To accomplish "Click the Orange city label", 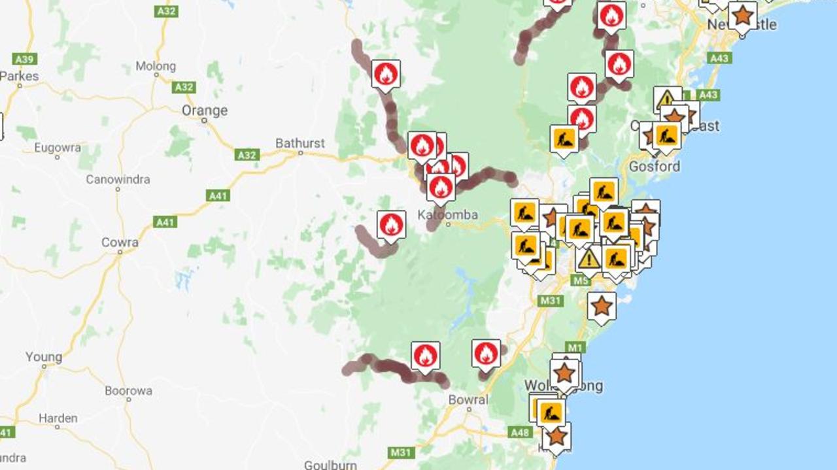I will pos(204,110).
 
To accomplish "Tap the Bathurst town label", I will pos(299,143).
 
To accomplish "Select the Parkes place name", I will pos(19,76).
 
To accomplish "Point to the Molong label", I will pos(156,66).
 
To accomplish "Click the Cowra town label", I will pos(120,243).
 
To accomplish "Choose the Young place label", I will pos(44,358).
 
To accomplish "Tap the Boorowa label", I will pos(128,391).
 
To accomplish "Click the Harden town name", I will pos(58,418).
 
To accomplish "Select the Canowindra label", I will pos(118,179).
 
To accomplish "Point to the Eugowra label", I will pos(58,148).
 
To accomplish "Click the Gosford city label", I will pos(654,166).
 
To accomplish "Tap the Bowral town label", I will pos(468,400).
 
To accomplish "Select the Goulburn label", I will pos(330,465).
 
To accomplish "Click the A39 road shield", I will pos(24,59).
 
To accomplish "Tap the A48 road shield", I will pos(520,432).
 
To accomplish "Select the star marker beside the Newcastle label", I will pos(742,14).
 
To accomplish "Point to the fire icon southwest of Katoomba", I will pos(391,225).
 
